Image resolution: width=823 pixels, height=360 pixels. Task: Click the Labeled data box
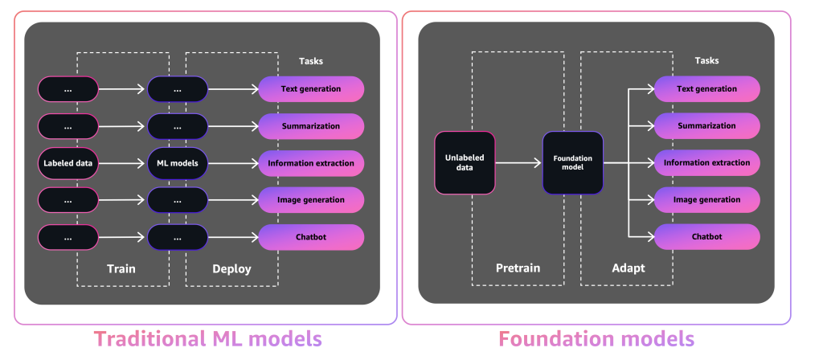click(68, 163)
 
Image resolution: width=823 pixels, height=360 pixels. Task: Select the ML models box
click(178, 163)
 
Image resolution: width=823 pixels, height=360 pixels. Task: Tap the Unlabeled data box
click(465, 163)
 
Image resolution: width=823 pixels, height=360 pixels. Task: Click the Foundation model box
click(572, 163)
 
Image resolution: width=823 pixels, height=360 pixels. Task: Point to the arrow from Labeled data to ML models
click(122, 163)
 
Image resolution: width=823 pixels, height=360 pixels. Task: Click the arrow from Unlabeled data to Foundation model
click(518, 163)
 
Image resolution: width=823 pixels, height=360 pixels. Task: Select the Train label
click(121, 269)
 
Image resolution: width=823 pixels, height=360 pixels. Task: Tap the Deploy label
click(231, 269)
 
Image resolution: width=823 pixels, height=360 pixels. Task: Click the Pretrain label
click(517, 268)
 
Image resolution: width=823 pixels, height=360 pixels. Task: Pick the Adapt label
click(627, 268)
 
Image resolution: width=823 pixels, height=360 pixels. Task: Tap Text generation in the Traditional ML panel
click(311, 88)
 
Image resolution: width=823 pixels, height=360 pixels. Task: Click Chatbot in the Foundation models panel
click(707, 236)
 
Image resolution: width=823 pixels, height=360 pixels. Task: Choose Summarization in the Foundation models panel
click(707, 125)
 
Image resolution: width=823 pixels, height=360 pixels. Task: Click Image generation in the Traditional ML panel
click(311, 199)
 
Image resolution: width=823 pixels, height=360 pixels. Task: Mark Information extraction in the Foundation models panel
click(707, 162)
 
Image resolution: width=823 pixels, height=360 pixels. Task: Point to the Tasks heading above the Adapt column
click(706, 60)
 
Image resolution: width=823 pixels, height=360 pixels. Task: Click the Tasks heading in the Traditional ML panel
click(311, 61)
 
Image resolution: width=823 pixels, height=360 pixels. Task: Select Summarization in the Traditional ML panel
click(311, 126)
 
